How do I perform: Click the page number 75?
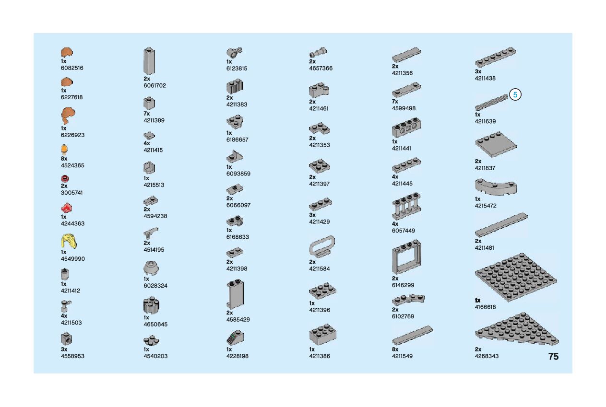553,357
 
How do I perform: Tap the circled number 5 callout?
515,95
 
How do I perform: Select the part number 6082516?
72,68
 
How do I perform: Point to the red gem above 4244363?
67,208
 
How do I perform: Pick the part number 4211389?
154,120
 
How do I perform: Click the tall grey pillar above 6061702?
149,61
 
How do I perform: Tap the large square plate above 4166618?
516,277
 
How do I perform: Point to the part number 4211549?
402,356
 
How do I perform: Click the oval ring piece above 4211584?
321,246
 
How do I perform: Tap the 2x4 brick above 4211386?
322,335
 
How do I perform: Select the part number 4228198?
237,356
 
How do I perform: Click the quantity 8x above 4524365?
64,159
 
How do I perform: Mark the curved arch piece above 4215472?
495,186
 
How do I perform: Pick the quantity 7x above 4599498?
395,102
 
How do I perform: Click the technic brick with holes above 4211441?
406,128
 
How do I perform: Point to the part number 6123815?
237,69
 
